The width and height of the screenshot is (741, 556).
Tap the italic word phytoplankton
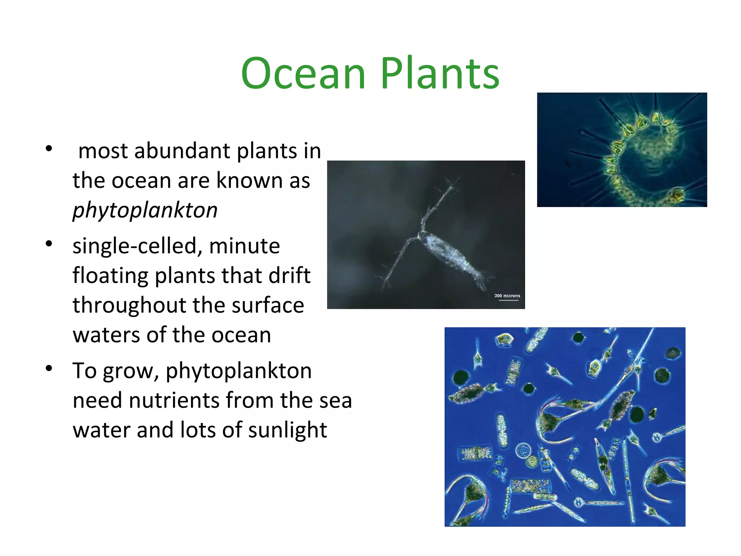(145, 210)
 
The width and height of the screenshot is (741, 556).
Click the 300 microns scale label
(507, 296)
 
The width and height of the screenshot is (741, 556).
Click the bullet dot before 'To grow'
(49, 369)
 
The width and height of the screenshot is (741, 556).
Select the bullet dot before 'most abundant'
(49, 149)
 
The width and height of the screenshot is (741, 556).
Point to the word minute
(245, 246)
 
